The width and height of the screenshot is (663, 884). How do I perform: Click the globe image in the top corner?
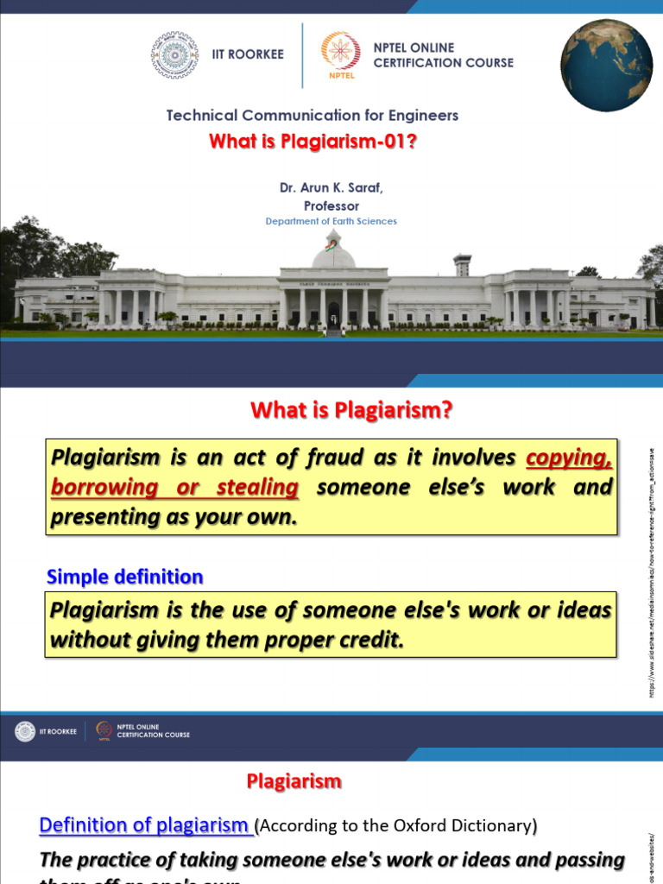click(606, 66)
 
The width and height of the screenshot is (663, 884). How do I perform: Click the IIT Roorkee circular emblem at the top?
click(174, 54)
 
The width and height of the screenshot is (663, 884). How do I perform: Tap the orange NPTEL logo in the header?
click(336, 55)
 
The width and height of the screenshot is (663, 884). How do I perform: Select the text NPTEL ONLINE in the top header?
click(414, 47)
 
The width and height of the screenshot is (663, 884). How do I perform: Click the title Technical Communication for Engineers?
click(312, 115)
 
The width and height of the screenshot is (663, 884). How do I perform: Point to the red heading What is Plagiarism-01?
click(313, 141)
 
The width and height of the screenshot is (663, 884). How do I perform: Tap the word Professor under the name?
click(331, 205)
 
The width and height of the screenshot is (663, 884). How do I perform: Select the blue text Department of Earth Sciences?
click(331, 221)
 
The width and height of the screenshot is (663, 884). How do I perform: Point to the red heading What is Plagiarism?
click(351, 411)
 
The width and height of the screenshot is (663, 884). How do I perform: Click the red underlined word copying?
click(569, 457)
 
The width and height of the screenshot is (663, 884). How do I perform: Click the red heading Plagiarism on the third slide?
click(294, 781)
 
